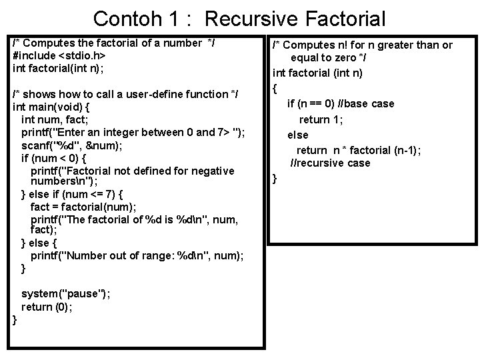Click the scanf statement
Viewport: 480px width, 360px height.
[x=83, y=145]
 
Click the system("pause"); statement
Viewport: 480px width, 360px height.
[x=66, y=294]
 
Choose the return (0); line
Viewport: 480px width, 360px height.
[x=47, y=307]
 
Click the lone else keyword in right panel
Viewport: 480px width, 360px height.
[x=297, y=135]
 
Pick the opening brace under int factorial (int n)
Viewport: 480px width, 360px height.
[x=275, y=87]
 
